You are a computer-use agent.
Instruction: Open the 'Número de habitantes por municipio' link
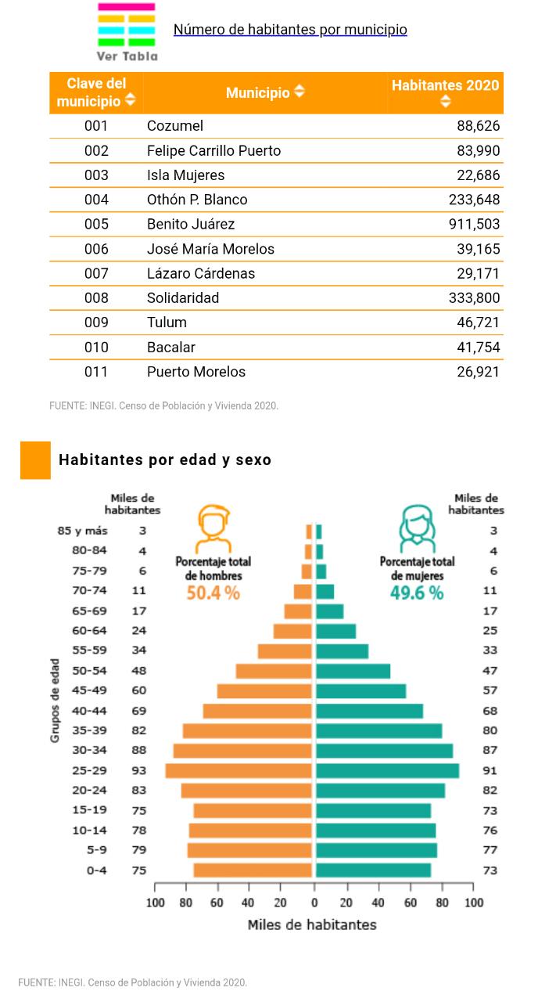pos(290,30)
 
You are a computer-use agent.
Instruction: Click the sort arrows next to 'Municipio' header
pos(299,92)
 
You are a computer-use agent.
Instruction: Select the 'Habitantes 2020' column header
pos(445,85)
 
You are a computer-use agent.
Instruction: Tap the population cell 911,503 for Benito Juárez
pos(474,224)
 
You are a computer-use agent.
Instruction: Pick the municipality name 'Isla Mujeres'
pos(185,175)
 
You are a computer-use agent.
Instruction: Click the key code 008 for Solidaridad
pos(96,297)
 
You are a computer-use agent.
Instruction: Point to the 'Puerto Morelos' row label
pos(196,372)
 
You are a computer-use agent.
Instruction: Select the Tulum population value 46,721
pos(478,323)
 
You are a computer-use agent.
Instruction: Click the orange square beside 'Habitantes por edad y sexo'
pos(35,460)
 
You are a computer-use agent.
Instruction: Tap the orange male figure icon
pos(213,528)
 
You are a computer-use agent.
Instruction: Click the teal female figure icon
pos(417,528)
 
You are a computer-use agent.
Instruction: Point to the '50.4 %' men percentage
pos(213,593)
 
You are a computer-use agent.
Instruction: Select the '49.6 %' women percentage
pos(417,593)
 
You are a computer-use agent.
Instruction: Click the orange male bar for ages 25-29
pos(239,770)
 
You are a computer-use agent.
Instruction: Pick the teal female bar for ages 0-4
pos(373,870)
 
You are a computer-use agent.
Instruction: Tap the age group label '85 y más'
pos(83,531)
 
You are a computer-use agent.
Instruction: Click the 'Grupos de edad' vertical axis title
pos(56,701)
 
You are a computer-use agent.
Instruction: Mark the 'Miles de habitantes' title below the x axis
pos(312,925)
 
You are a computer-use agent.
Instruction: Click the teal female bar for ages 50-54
pos(353,671)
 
